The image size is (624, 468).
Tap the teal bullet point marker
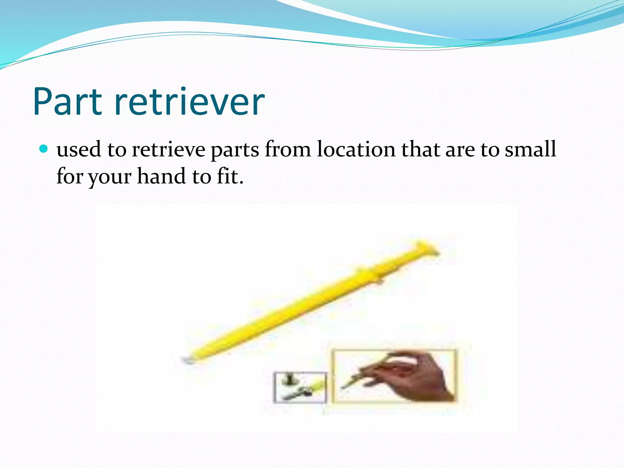click(44, 149)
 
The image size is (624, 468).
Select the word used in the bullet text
click(79, 150)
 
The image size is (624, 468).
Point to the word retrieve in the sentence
click(168, 150)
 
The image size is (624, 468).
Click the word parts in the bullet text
click(235, 150)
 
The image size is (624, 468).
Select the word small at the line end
click(530, 149)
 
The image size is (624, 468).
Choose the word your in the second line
click(110, 177)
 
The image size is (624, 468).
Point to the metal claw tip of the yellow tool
click(186, 360)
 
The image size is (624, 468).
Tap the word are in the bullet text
click(460, 150)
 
